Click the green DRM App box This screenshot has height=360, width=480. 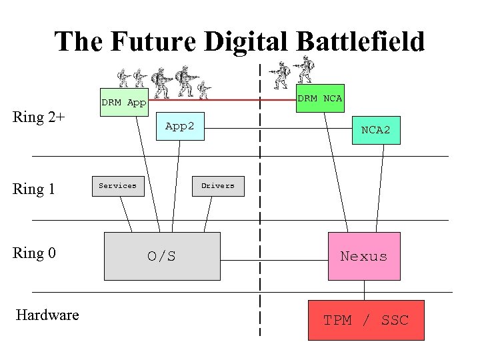[123, 103]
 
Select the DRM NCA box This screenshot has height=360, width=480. [319, 98]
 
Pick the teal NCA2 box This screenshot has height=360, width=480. [376, 130]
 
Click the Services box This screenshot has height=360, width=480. [117, 186]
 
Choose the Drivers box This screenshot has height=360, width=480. [218, 186]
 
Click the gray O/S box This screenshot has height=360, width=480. [162, 256]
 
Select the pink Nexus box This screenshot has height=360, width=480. [364, 256]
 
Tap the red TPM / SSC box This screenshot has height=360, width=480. [366, 320]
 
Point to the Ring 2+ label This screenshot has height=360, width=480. [39, 118]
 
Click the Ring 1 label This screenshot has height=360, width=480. [34, 189]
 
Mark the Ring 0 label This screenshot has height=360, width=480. [34, 253]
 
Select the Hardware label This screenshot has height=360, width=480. [47, 315]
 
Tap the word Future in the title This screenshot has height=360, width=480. [155, 41]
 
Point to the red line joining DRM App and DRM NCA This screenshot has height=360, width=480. [220, 100]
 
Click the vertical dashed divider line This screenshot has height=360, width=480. [260, 200]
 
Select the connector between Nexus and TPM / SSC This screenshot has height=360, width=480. [365, 290]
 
